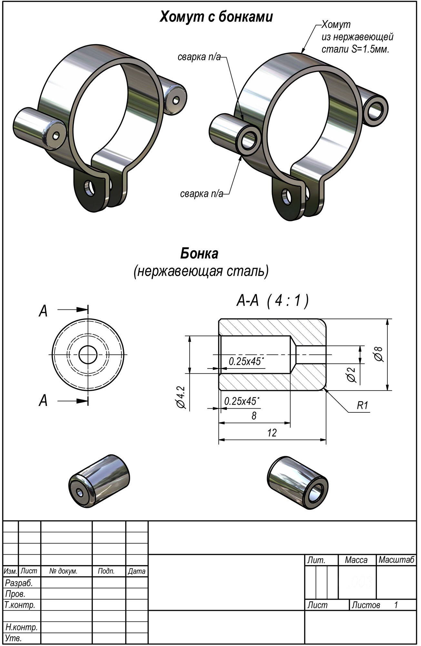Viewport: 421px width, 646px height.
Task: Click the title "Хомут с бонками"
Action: (216, 17)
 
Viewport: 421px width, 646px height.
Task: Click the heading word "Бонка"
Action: (199, 254)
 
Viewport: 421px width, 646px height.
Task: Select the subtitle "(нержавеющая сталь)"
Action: (201, 272)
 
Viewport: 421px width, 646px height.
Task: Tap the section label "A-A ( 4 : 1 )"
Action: (273, 301)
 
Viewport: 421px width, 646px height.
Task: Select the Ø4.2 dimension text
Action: (181, 397)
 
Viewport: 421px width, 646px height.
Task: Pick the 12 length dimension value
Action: (272, 433)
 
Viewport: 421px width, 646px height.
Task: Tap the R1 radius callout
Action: (362, 406)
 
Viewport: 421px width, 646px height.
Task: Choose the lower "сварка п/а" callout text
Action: (201, 194)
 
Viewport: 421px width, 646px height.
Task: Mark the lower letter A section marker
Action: (43, 401)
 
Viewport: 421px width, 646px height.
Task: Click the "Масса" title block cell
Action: (356, 560)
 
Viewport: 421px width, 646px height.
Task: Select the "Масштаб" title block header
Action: (396, 560)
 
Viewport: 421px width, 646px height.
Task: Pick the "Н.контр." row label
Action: (22, 627)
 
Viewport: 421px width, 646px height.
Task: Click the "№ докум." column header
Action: (64, 571)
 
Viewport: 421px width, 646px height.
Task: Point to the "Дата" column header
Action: (136, 571)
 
